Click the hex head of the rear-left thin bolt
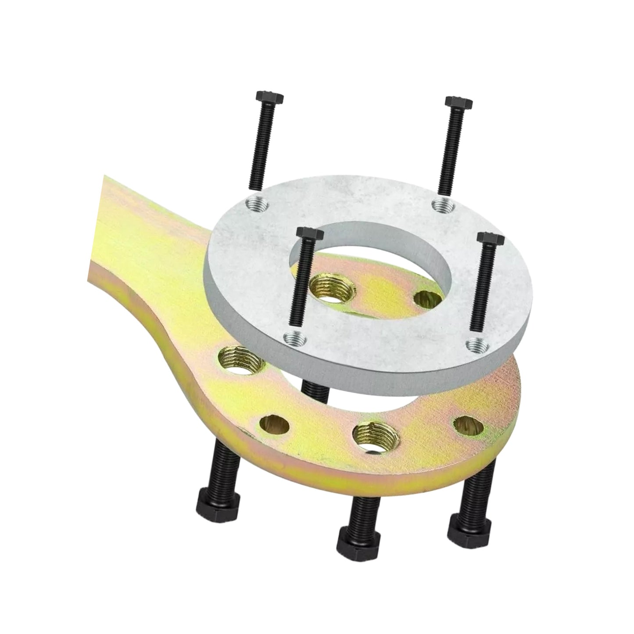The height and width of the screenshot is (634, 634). (x=269, y=98)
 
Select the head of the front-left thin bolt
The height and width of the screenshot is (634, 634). (x=308, y=234)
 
